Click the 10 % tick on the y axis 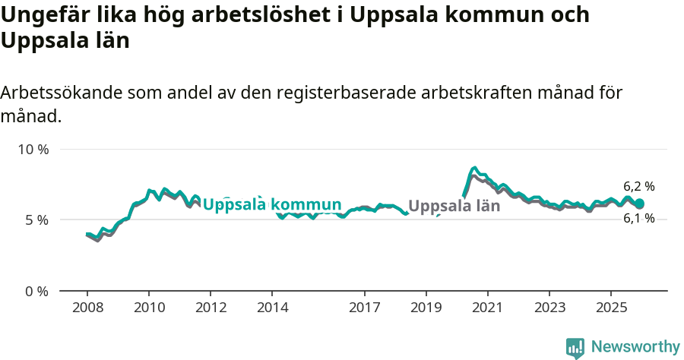33,149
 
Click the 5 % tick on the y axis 36,220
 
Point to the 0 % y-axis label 36,291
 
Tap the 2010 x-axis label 149,308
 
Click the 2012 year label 211,308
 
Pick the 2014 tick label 272,308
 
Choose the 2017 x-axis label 364,308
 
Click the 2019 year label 426,308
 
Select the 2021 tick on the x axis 487,308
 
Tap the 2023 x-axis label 549,308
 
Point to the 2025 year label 610,308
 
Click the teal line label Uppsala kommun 272,204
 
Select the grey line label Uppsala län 454,206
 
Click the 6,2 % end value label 638,186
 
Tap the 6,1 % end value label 638,219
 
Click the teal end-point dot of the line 639,204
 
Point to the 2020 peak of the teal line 474,168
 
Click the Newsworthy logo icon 575,348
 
